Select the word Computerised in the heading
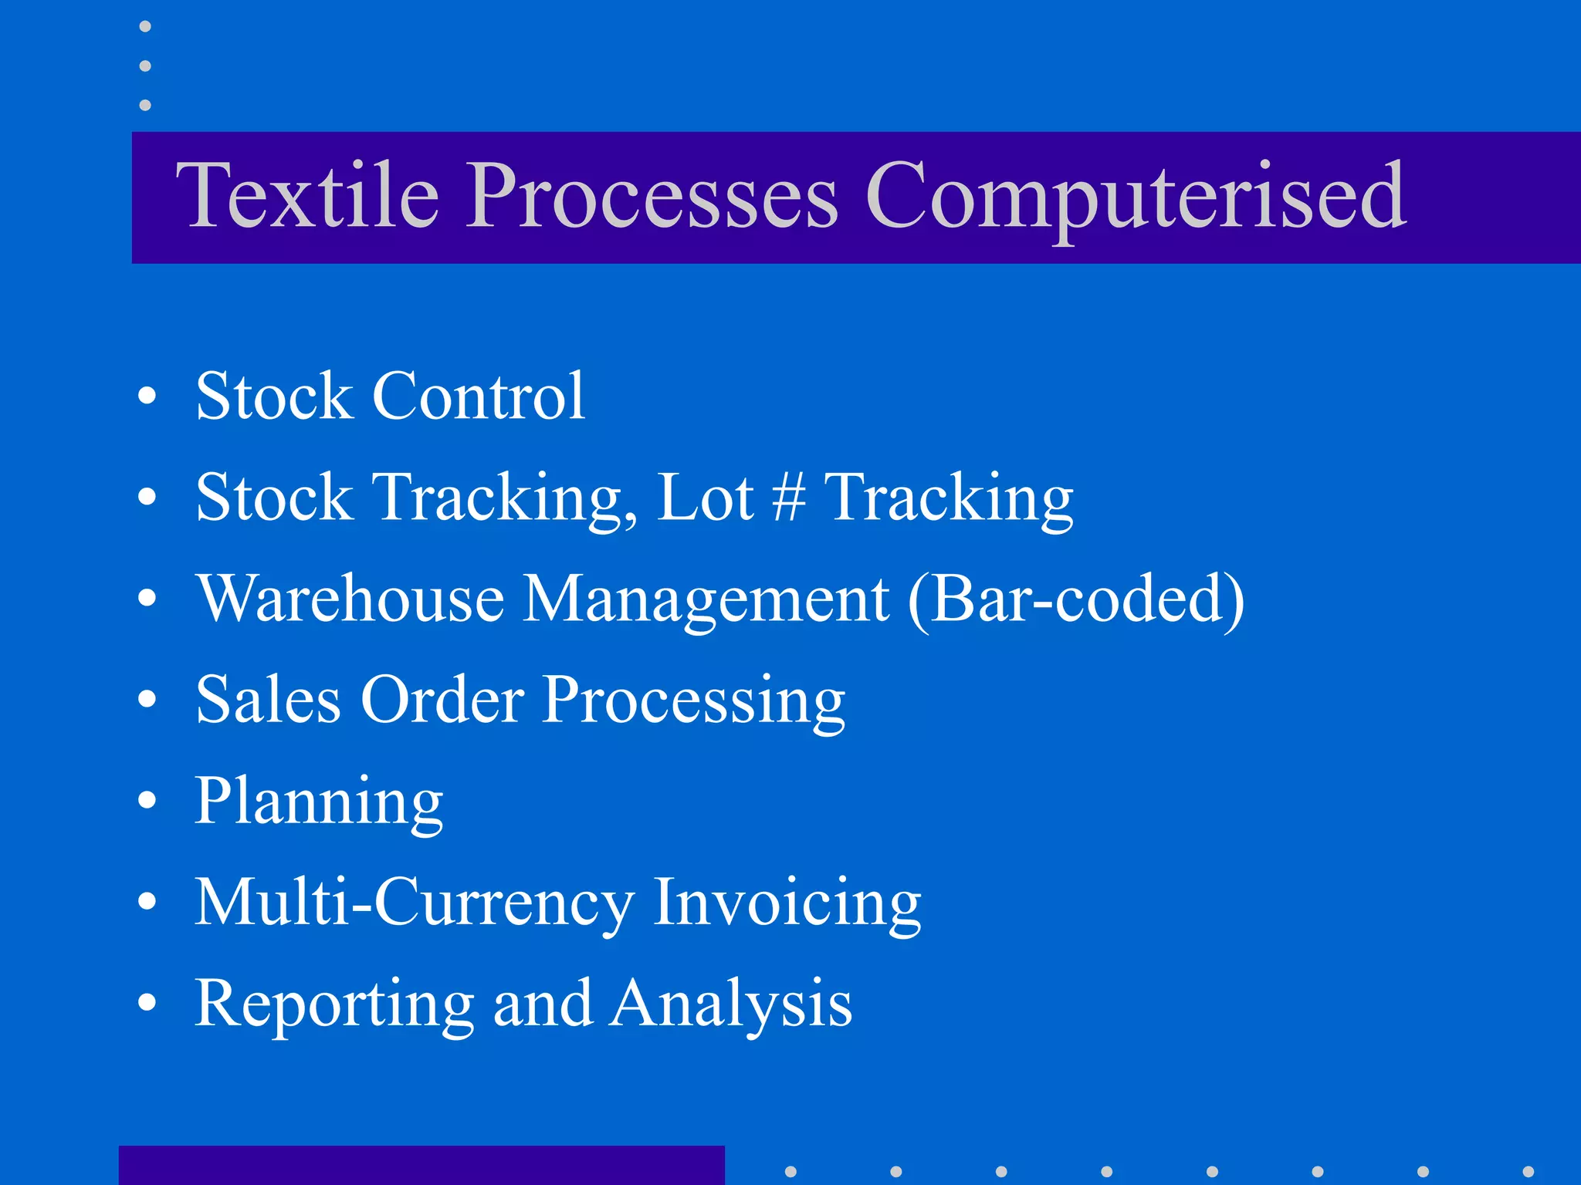[1136, 197]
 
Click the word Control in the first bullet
[479, 396]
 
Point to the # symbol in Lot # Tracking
[789, 498]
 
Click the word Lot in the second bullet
[704, 498]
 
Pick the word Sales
[268, 700]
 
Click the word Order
[442, 700]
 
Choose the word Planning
[318, 802]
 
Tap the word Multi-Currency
[414, 903]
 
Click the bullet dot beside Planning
[147, 801]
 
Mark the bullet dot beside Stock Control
[147, 396]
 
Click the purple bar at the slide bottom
[421, 1165]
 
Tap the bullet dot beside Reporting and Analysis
[147, 1003]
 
